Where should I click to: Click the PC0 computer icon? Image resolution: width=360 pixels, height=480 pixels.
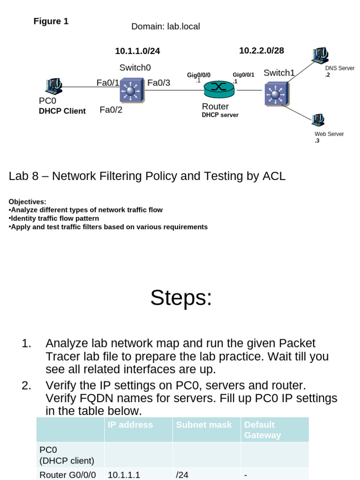(x=53, y=86)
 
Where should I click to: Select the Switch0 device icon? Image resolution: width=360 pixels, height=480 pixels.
(x=132, y=90)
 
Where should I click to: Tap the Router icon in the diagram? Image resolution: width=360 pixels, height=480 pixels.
(x=218, y=88)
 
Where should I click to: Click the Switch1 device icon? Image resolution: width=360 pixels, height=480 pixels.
(x=276, y=94)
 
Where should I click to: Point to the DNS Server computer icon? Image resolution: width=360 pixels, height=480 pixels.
(x=321, y=56)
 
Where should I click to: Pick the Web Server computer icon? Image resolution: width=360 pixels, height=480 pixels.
(x=317, y=120)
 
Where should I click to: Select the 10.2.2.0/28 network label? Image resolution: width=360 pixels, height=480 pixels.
(x=261, y=51)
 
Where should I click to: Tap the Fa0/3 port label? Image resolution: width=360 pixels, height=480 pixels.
(x=158, y=83)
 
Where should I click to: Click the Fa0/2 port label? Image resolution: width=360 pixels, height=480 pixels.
(x=111, y=110)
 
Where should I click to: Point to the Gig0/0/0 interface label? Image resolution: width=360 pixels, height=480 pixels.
(x=199, y=75)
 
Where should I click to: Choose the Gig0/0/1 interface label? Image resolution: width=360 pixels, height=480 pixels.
(x=243, y=75)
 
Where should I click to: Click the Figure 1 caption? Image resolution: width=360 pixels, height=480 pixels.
(x=51, y=22)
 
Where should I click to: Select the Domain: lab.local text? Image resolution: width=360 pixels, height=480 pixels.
(x=165, y=27)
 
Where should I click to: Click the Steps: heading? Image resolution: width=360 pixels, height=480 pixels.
(x=181, y=298)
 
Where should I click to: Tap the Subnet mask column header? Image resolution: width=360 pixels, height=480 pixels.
(x=204, y=425)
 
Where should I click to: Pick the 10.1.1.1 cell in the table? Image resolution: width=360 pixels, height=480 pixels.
(x=124, y=475)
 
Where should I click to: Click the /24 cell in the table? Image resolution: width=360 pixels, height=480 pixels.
(x=182, y=475)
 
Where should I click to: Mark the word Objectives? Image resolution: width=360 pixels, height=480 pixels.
(x=27, y=202)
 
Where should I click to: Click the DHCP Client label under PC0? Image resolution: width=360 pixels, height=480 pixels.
(x=62, y=111)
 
